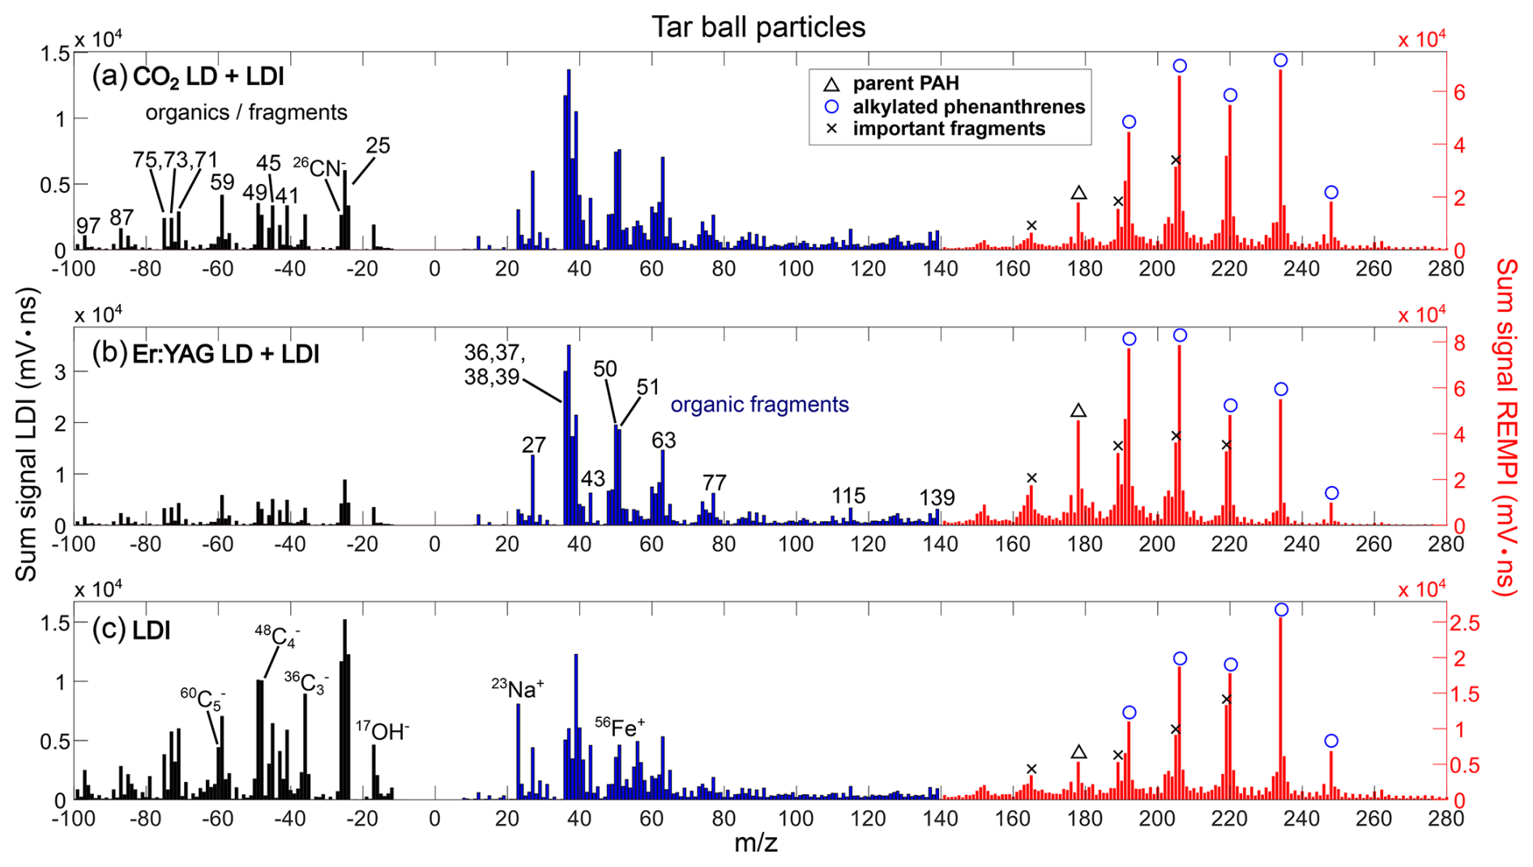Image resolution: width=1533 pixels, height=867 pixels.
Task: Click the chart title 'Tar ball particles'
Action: point(758,28)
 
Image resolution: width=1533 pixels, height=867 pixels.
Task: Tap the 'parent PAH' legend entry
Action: point(905,83)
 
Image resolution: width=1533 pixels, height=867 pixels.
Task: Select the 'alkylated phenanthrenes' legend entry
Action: point(967,106)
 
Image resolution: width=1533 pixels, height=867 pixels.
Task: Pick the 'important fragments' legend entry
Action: point(948,129)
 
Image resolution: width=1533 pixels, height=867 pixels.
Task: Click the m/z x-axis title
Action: point(755,844)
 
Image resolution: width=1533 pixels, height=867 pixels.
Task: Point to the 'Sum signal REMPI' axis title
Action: point(1505,427)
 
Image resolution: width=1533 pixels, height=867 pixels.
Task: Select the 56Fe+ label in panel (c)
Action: point(620,727)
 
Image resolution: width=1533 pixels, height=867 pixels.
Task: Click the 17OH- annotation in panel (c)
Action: point(382,731)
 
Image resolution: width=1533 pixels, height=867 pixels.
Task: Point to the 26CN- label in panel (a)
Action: point(319,168)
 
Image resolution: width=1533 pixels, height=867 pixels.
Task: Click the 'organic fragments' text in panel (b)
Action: point(759,404)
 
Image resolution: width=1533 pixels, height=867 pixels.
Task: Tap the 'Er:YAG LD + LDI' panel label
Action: point(224,354)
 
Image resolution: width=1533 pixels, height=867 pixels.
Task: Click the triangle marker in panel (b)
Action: point(1078,411)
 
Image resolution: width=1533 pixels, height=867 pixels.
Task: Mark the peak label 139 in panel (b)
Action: point(937,498)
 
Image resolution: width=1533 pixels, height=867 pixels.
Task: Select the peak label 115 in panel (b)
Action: point(848,495)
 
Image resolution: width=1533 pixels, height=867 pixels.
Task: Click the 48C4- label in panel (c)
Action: point(277,635)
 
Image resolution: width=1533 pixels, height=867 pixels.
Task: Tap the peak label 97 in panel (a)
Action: point(88,225)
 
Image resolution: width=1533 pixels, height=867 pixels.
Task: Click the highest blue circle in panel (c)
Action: point(1281,609)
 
